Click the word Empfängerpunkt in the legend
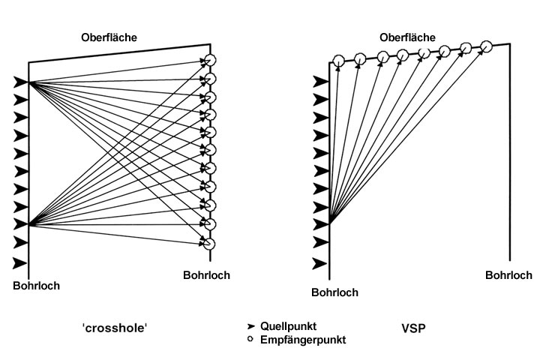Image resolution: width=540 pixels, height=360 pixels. (x=303, y=339)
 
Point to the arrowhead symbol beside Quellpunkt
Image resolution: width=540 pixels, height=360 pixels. (x=251, y=326)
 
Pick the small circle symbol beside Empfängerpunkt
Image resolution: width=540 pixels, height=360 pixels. (x=251, y=339)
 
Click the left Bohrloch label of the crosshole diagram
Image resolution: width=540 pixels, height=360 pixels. (x=36, y=286)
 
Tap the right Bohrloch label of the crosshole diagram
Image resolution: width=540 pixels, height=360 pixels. (x=206, y=274)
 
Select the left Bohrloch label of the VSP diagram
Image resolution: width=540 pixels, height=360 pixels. (x=334, y=292)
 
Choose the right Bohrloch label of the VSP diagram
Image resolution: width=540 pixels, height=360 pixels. (x=508, y=275)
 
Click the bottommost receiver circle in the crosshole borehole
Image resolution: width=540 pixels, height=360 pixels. (x=210, y=243)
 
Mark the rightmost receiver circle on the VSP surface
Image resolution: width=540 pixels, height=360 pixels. (x=486, y=46)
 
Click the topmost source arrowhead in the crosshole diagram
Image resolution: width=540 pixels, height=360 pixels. (x=21, y=82)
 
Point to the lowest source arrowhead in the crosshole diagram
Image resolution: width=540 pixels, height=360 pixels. (x=21, y=263)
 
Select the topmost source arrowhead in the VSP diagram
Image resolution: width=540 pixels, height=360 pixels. (x=320, y=82)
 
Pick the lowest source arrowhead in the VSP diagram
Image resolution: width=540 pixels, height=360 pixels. (x=320, y=263)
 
